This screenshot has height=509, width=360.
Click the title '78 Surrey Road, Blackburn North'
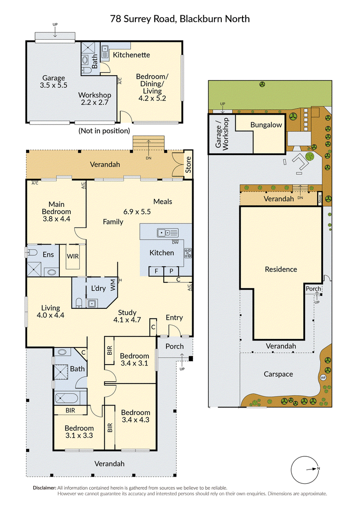click(180, 19)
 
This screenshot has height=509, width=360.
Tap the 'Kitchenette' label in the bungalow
click(131, 55)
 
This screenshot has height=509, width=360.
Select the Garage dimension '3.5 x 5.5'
click(54, 85)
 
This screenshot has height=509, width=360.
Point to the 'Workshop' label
click(94, 95)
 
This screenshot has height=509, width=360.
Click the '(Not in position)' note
click(104, 131)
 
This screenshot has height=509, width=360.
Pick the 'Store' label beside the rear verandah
click(188, 165)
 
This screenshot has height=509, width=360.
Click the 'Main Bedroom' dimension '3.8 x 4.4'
click(57, 219)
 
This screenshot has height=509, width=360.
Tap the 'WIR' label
click(73, 256)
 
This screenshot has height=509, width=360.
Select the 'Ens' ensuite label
click(48, 255)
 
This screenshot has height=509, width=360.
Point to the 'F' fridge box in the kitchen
click(156, 271)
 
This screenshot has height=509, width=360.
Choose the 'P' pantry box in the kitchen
click(171, 271)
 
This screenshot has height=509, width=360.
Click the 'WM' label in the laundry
click(113, 285)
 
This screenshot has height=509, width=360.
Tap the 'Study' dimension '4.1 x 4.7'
click(127, 320)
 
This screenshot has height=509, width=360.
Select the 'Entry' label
click(174, 317)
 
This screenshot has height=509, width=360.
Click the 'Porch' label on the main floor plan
click(175, 346)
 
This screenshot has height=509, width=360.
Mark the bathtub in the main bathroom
click(67, 398)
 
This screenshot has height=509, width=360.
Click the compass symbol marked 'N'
click(305, 470)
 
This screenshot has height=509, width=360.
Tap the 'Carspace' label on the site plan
click(278, 374)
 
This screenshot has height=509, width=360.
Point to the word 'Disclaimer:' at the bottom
click(45, 488)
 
